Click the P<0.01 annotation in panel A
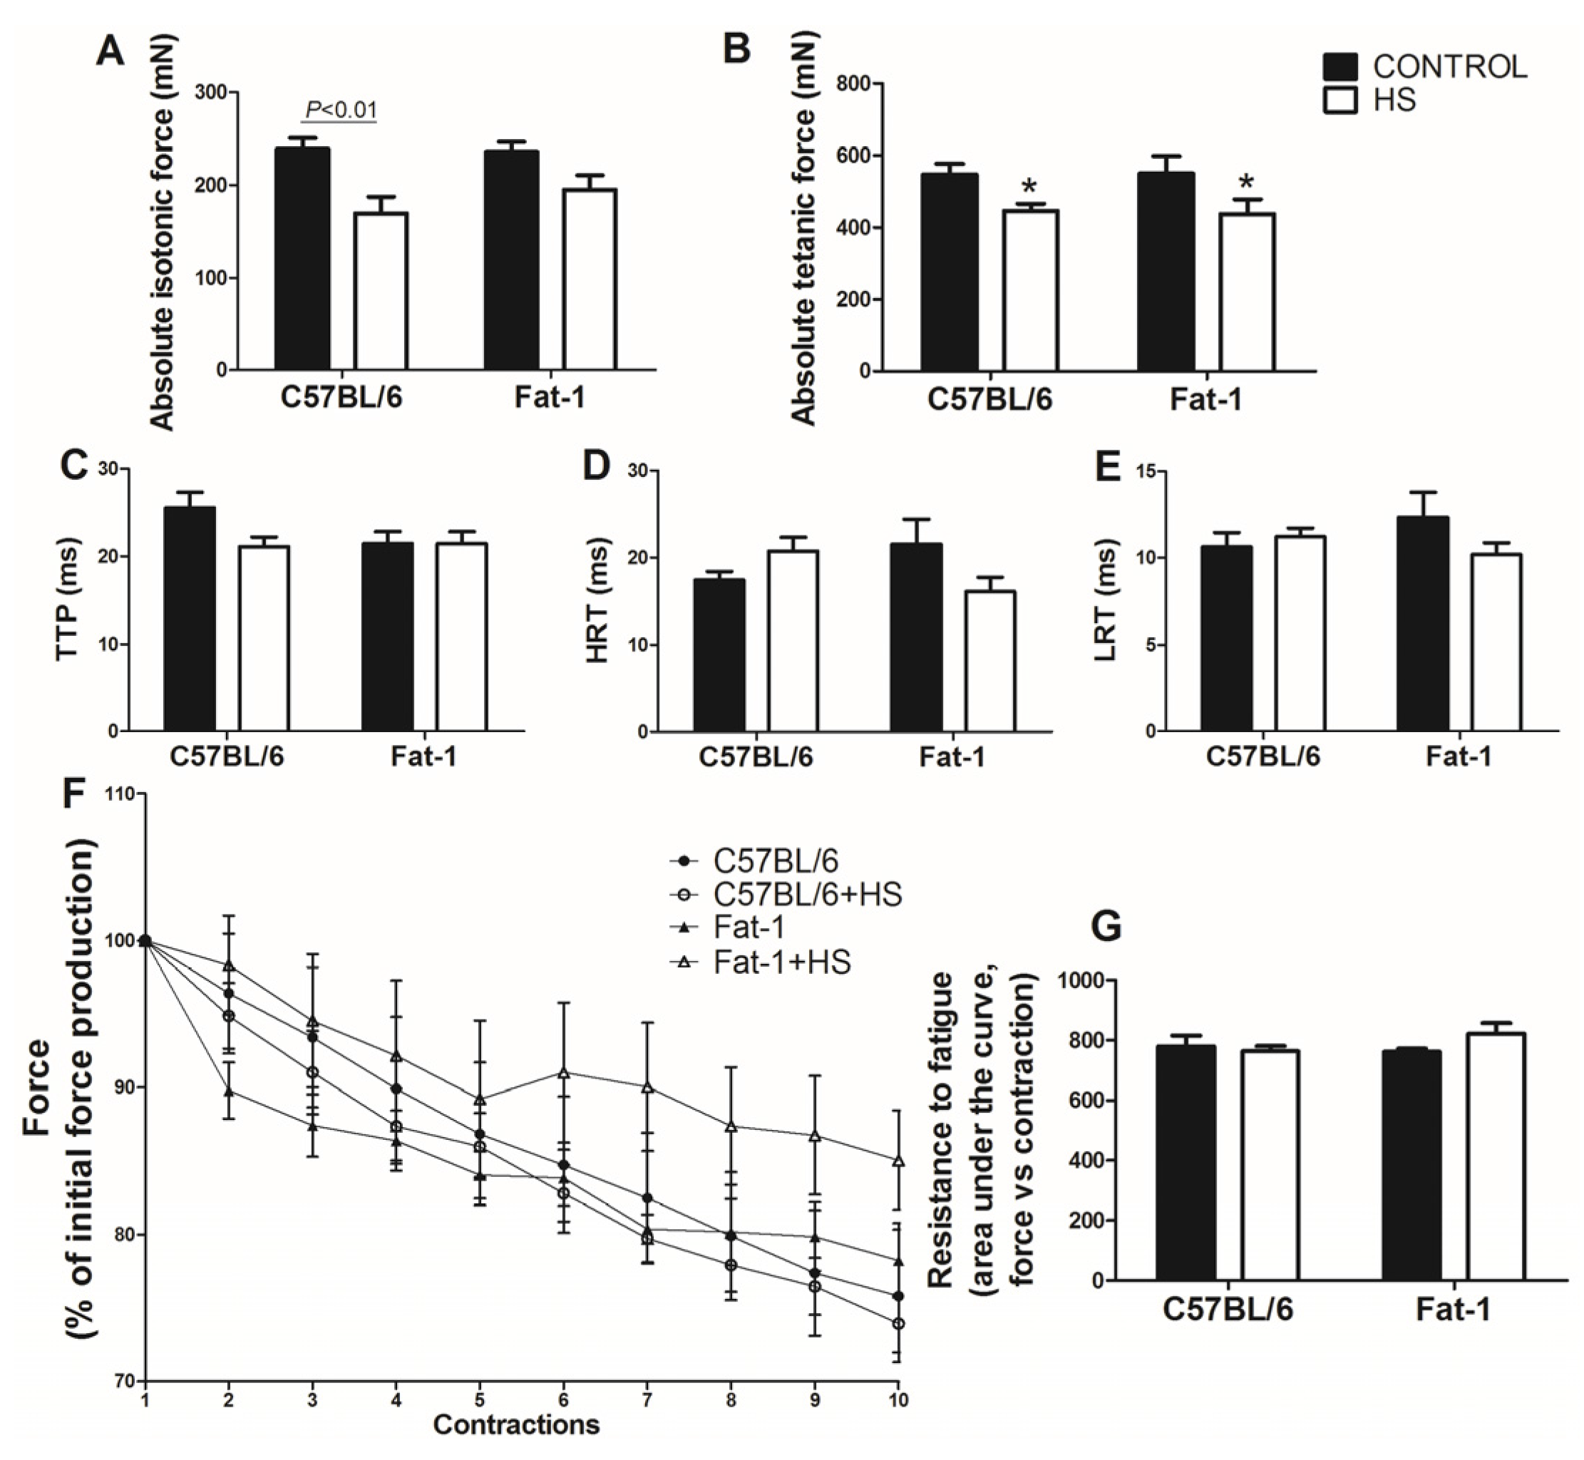(341, 110)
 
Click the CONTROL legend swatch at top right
(1340, 67)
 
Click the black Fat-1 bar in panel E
(1423, 623)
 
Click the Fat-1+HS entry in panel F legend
(781, 962)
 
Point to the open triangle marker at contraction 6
(563, 1073)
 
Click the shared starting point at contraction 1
(145, 940)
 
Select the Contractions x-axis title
(516, 1424)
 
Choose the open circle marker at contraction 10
(898, 1323)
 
